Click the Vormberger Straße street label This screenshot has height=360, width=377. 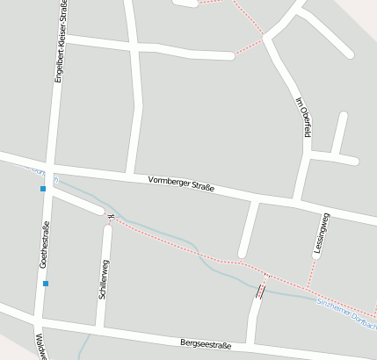(181, 185)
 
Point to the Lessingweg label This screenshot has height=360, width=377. (323, 234)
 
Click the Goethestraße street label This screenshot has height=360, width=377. (43, 245)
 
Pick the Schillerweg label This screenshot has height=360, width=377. (103, 280)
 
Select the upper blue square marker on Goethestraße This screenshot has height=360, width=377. (42, 189)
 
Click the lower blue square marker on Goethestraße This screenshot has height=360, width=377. (46, 283)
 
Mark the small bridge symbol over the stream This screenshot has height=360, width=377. (260, 291)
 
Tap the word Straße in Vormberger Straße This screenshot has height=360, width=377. (200, 189)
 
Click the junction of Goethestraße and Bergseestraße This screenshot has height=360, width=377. (38, 320)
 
